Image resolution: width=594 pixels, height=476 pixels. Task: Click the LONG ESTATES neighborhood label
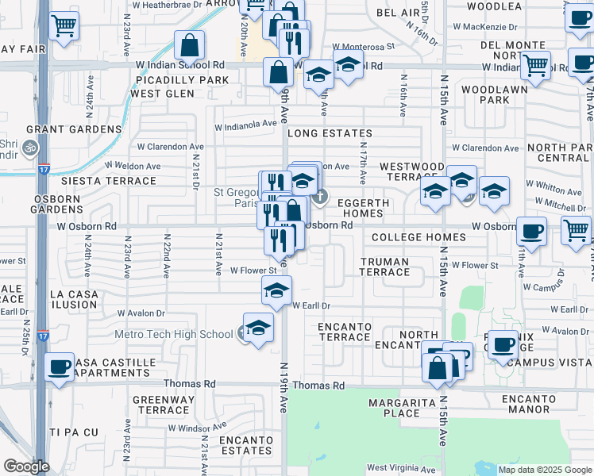click(330, 133)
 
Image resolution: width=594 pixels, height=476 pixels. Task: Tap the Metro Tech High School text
click(174, 334)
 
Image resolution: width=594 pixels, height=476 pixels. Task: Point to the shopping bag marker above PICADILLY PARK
click(189, 45)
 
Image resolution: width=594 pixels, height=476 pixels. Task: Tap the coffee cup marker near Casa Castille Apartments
click(59, 367)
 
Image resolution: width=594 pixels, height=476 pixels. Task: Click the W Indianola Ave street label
click(246, 124)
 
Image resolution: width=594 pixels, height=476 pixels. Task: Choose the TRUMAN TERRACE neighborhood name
click(384, 267)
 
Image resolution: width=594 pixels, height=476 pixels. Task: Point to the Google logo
click(26, 466)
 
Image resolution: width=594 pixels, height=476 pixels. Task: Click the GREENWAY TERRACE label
click(160, 405)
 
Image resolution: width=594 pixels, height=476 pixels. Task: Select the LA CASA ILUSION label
click(74, 299)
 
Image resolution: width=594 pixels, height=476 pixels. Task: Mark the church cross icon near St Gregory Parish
click(319, 196)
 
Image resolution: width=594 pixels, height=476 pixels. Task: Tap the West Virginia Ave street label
click(399, 468)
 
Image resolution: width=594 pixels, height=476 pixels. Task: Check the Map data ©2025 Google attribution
click(544, 470)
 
